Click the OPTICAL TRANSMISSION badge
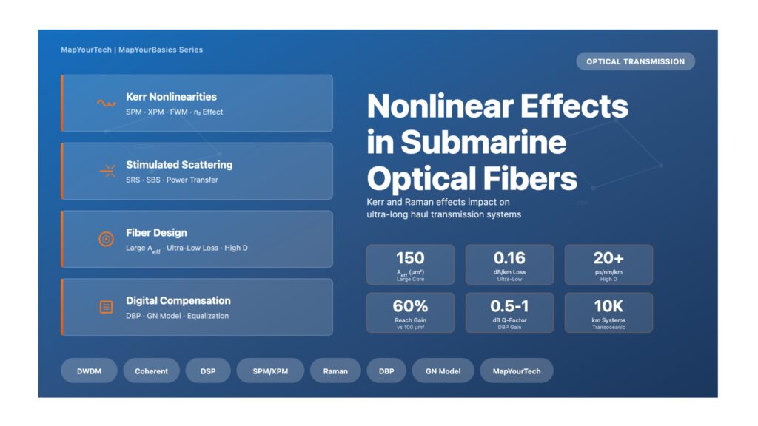(x=635, y=61)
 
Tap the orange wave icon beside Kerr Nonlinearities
(x=106, y=104)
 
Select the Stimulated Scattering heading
(x=179, y=165)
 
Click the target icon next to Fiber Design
(x=107, y=239)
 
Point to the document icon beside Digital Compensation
(x=107, y=307)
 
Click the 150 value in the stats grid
(x=410, y=258)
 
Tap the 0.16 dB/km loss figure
(x=509, y=258)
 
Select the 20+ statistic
(x=608, y=258)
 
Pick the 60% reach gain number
(x=410, y=305)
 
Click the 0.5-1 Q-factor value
(x=509, y=305)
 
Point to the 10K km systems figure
(x=608, y=305)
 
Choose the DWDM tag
(x=89, y=371)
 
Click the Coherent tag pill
(x=151, y=371)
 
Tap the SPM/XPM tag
(x=270, y=371)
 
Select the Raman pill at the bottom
(x=335, y=371)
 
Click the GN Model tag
(x=443, y=371)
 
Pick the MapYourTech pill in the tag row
(x=516, y=371)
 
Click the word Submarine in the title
(x=483, y=142)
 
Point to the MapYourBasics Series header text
(x=161, y=50)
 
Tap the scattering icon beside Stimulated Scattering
(x=107, y=171)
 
